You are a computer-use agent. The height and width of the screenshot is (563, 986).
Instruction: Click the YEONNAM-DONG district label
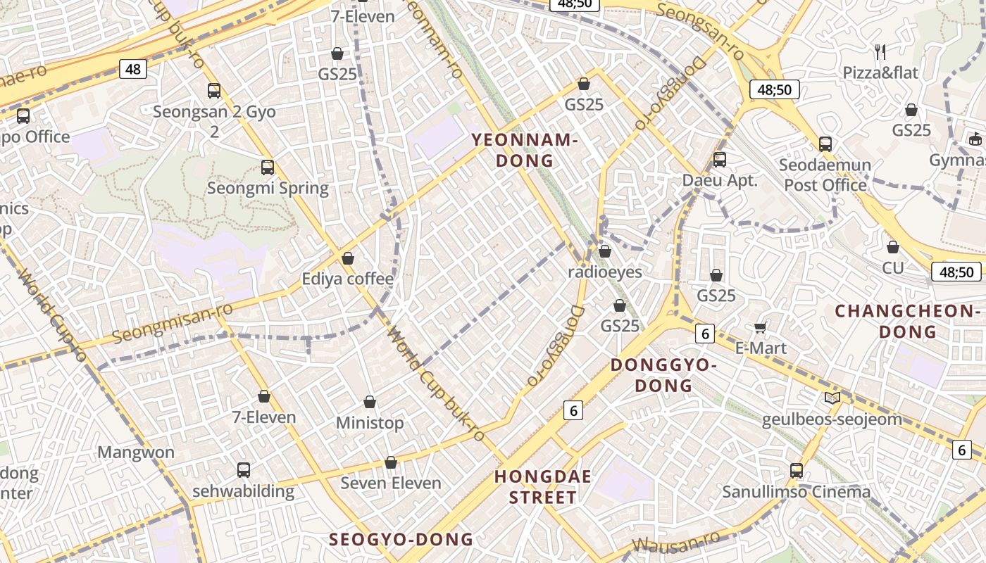pyautogui.click(x=524, y=150)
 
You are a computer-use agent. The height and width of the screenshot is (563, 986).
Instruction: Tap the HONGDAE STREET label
pyautogui.click(x=542, y=487)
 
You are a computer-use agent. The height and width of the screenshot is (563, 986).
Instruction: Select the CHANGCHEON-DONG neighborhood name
pyautogui.click(x=908, y=321)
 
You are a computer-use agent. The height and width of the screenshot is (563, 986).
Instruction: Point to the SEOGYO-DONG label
pyautogui.click(x=401, y=540)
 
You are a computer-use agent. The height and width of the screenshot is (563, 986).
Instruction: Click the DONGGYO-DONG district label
pyautogui.click(x=663, y=375)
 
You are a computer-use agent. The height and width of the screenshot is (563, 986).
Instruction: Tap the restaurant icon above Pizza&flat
pyautogui.click(x=880, y=51)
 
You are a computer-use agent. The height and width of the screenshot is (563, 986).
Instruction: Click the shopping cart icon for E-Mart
pyautogui.click(x=761, y=327)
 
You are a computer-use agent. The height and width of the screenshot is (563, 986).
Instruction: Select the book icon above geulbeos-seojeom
pyautogui.click(x=832, y=398)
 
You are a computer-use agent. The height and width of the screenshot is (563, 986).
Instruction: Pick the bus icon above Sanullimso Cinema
pyautogui.click(x=797, y=471)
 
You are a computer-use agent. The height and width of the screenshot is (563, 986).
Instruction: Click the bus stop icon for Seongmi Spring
pyautogui.click(x=268, y=167)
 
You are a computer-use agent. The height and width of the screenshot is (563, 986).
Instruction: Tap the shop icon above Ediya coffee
pyautogui.click(x=347, y=258)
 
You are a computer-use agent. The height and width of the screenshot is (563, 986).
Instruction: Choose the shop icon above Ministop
pyautogui.click(x=370, y=402)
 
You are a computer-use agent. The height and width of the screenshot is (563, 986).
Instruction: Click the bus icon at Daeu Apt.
pyautogui.click(x=719, y=160)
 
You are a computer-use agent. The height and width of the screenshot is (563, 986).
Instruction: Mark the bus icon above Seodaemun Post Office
pyautogui.click(x=825, y=144)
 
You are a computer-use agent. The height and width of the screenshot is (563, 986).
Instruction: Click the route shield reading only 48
pyautogui.click(x=133, y=69)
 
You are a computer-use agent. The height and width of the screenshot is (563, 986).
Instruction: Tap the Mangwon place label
pyautogui.click(x=136, y=452)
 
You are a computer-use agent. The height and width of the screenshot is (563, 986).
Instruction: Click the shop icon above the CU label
pyautogui.click(x=893, y=247)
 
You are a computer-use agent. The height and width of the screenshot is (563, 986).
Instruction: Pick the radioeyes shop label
pyautogui.click(x=605, y=272)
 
